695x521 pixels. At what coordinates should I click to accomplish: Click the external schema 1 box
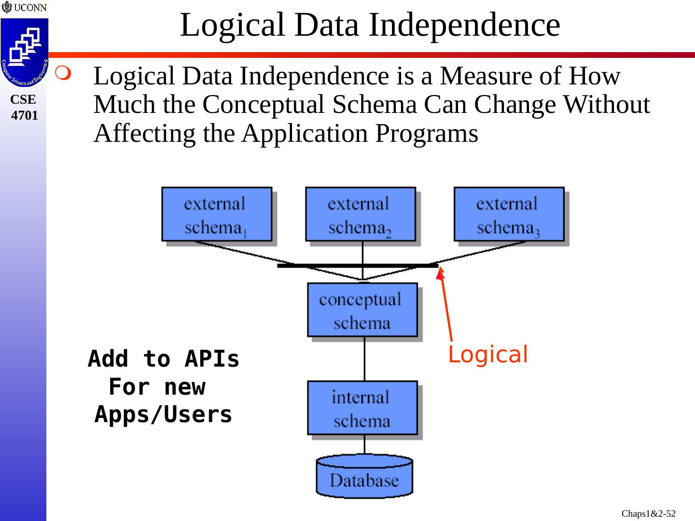coord(217,214)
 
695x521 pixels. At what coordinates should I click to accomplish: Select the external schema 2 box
coord(360,214)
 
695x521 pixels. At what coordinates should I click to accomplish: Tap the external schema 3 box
coord(509,214)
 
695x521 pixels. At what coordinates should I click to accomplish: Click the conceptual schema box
coord(362,310)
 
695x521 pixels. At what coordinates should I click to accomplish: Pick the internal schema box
coord(362,408)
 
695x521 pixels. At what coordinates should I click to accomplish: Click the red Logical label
coord(487,355)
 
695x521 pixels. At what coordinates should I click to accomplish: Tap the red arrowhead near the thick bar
coord(440,274)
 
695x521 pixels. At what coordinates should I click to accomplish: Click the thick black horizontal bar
coord(357,265)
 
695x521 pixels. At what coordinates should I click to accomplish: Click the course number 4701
coord(24,116)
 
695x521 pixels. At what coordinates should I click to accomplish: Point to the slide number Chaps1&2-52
coord(648,514)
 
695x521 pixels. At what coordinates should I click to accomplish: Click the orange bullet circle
coord(63,73)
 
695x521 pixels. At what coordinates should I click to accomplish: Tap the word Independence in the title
coord(464,25)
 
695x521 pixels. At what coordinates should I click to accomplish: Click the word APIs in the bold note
coord(212,359)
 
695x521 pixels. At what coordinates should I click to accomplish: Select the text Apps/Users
coord(163,414)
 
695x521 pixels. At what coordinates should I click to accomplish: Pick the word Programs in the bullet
coord(427,134)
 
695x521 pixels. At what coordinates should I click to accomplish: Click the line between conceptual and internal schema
coord(364,358)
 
